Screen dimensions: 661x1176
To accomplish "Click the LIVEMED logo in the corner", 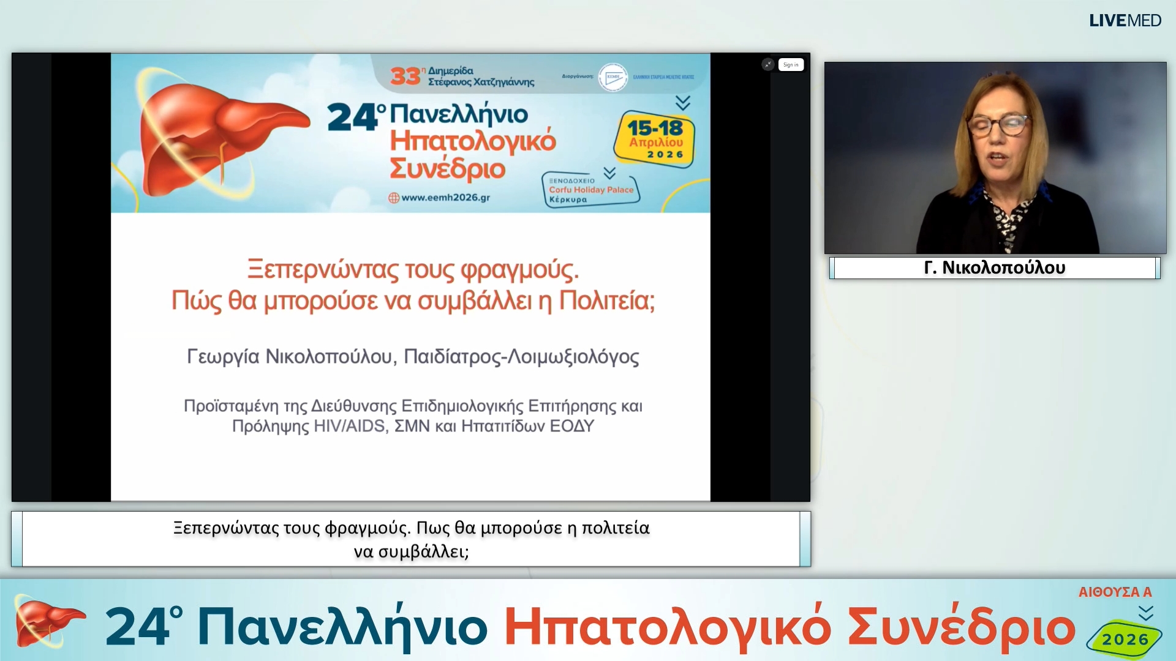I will coord(1125,21).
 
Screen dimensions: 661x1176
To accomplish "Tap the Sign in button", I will coord(791,65).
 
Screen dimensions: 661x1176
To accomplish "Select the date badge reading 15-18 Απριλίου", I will coord(655,139).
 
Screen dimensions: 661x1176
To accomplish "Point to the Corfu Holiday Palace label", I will coord(590,190).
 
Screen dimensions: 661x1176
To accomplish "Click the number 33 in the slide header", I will coord(405,77).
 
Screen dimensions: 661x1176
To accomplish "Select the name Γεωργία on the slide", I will coord(223,357).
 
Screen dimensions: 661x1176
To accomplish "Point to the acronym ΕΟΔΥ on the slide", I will coord(571,427).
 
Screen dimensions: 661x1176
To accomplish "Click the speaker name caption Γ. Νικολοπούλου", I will coord(994,268).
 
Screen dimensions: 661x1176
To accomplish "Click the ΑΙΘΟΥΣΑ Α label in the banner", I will coord(1115,592).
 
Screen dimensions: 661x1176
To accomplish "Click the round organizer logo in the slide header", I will coord(612,78).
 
